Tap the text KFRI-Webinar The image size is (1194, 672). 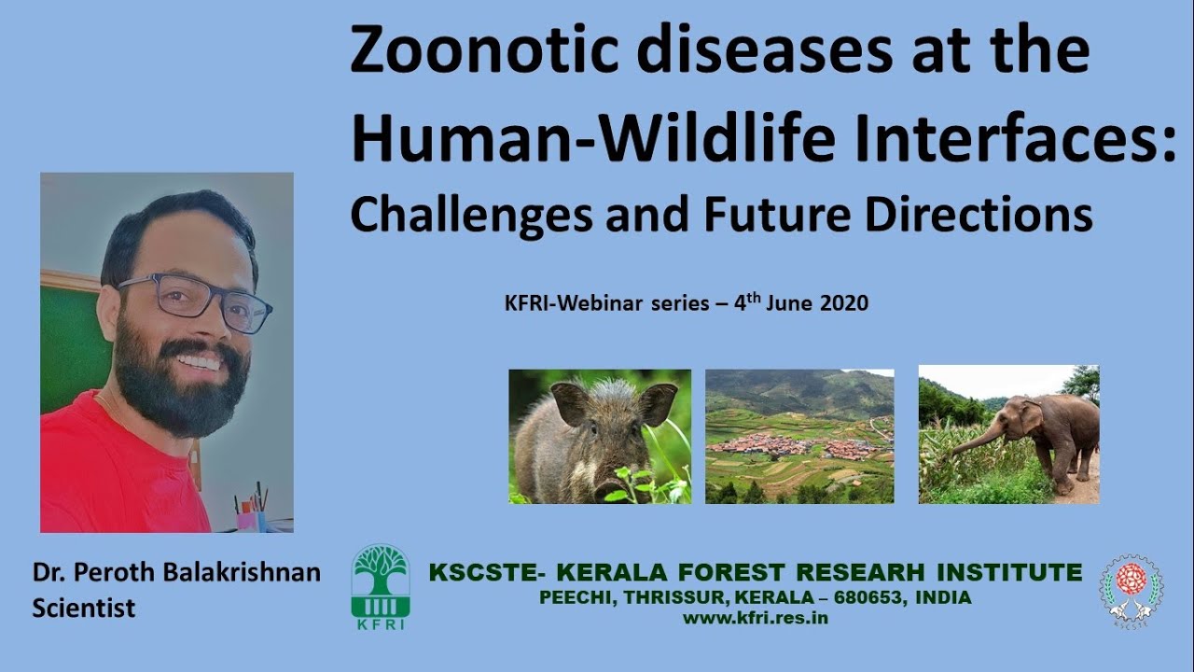[x=554, y=303]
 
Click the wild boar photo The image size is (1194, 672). [x=599, y=436]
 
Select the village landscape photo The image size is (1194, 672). [x=799, y=436]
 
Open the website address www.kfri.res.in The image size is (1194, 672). [x=756, y=617]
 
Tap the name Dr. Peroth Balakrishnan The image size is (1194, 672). [x=176, y=572]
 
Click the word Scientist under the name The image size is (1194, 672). [x=84, y=608]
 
